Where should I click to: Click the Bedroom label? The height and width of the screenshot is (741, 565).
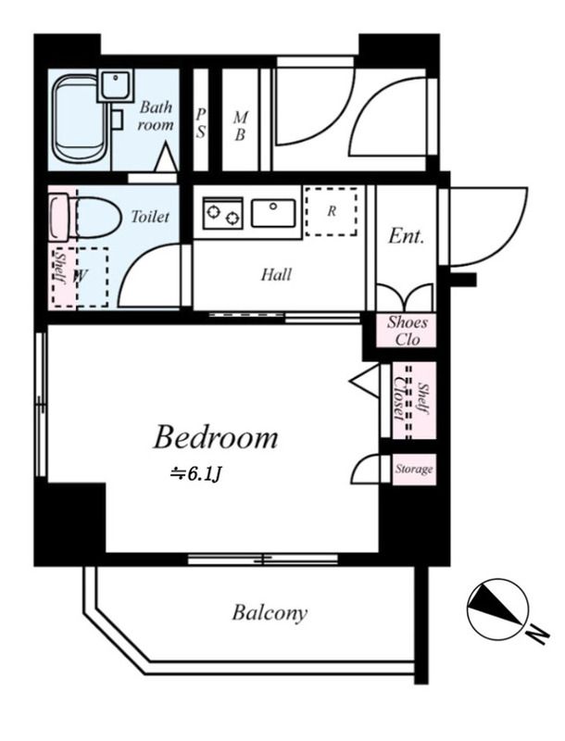216,437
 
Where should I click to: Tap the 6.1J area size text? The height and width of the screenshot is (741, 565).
196,474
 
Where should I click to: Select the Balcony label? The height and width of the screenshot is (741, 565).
270,613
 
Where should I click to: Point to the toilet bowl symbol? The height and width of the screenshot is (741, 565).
85,218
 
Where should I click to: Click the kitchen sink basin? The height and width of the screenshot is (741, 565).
273,213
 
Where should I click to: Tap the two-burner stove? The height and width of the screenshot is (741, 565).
222,213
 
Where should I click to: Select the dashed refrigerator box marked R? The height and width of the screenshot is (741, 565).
332,211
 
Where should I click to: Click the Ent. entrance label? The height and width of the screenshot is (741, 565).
406,236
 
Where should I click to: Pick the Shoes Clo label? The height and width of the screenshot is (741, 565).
407,331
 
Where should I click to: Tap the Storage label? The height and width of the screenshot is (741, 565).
414,470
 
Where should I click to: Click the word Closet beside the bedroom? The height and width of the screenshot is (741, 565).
399,399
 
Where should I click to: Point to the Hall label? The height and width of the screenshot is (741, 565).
276,274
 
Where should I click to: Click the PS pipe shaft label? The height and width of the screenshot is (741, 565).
201,123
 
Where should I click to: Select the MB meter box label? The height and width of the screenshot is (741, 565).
241,126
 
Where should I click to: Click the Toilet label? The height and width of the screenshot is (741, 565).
150,217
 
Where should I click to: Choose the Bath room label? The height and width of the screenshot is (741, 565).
156,116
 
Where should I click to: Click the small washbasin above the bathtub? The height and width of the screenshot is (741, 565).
115,85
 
